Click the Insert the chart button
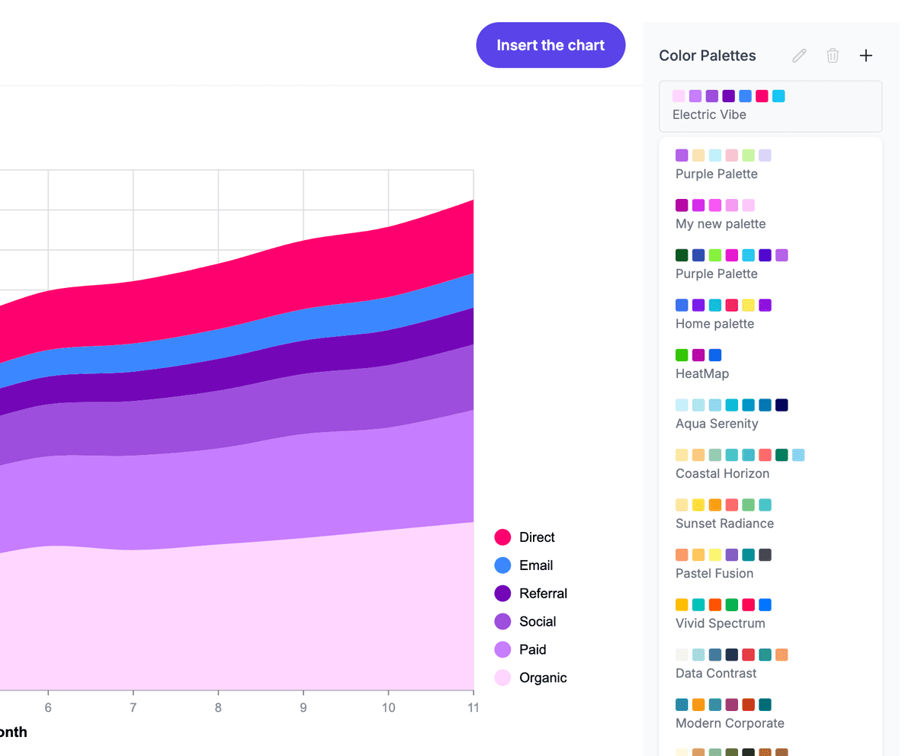click(551, 46)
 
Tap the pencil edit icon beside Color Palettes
click(799, 56)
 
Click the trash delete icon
click(833, 56)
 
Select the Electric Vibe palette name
click(709, 115)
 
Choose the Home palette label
click(714, 324)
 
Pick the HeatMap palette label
click(701, 373)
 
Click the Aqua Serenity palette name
click(717, 424)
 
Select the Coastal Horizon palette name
click(722, 473)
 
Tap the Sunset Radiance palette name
click(724, 524)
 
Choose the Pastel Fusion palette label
click(714, 573)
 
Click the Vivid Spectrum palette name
click(720, 623)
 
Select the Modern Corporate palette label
click(730, 723)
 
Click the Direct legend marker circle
click(502, 537)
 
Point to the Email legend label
click(536, 565)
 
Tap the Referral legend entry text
click(543, 594)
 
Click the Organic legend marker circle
click(502, 678)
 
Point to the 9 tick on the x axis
click(303, 708)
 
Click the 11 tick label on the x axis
click(473, 708)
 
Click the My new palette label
click(720, 224)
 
